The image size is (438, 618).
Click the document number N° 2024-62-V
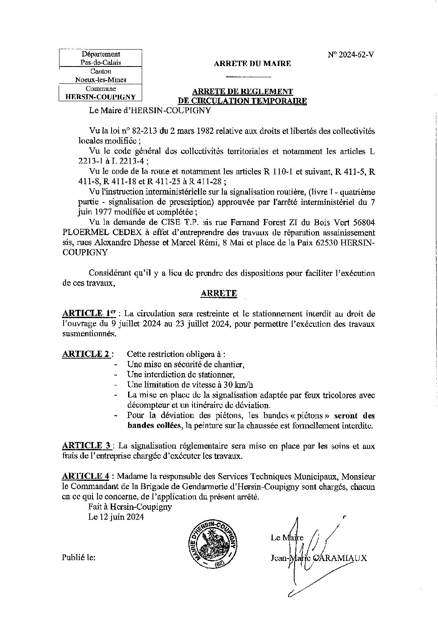point(351,55)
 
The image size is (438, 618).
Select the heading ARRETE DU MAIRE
point(252,64)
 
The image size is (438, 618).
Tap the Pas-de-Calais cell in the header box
point(101,63)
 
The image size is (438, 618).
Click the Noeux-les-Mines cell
point(101,80)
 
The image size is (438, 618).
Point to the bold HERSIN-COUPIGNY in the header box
point(101,97)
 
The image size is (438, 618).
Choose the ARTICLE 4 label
point(87,476)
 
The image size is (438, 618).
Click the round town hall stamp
point(214,542)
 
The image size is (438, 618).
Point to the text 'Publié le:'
point(79,557)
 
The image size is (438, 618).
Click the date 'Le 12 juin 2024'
point(116,517)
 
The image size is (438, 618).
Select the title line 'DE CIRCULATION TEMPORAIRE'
point(242,101)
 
